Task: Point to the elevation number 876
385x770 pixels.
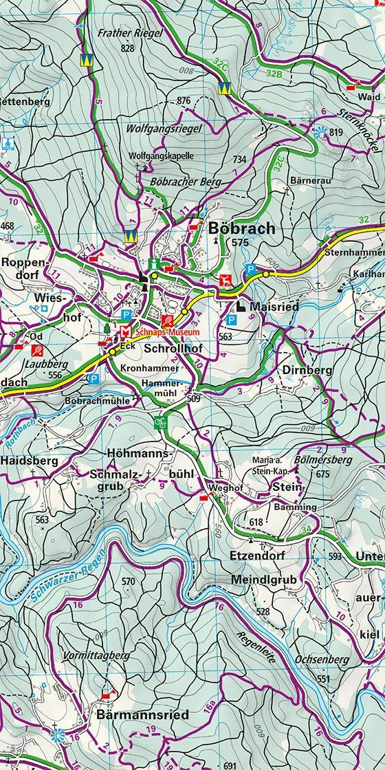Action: click(x=183, y=101)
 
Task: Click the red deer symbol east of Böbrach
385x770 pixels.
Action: click(x=224, y=279)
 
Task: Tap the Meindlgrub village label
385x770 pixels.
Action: click(x=265, y=580)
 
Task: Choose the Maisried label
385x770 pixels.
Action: click(x=274, y=307)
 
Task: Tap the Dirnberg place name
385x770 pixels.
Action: click(x=307, y=370)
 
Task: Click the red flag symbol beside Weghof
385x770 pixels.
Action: click(x=203, y=495)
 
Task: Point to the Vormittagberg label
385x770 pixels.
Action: click(x=96, y=656)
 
